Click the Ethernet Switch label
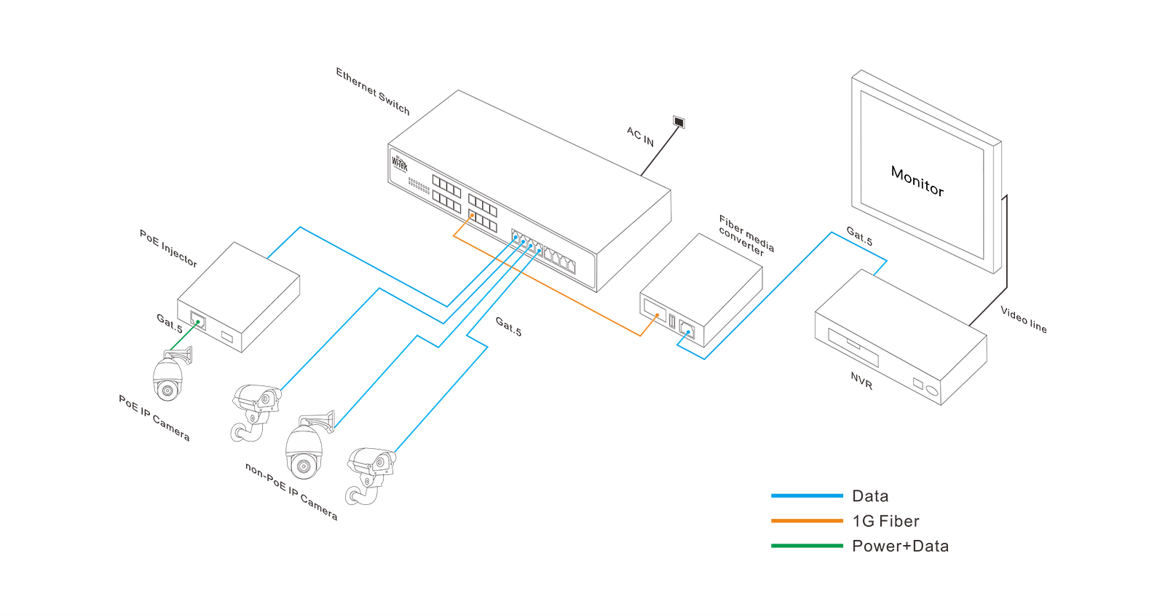[x=372, y=92]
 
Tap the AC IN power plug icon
[x=679, y=122]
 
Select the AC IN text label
[x=640, y=136]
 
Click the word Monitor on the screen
[x=917, y=181]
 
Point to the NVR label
[x=861, y=380]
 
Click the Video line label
[x=1023, y=319]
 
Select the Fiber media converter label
[x=745, y=235]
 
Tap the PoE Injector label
[x=168, y=248]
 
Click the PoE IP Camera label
[x=154, y=418]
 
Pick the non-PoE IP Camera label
[x=291, y=492]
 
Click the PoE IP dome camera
[x=168, y=379]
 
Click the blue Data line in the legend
[x=807, y=495]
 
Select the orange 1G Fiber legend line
[x=807, y=520]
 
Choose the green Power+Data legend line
[x=807, y=545]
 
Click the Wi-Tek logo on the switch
[x=400, y=162]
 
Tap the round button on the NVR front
[x=932, y=391]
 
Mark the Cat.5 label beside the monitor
[x=859, y=236]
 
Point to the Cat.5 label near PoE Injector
[x=170, y=323]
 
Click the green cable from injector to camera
[x=182, y=337]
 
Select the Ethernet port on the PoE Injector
[x=197, y=320]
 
